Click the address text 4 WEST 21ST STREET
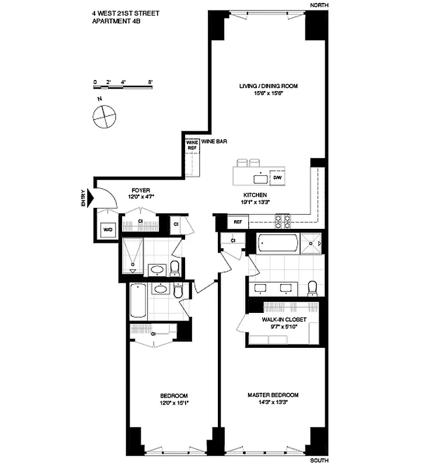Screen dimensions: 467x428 125,12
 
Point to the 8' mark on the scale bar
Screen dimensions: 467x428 150,82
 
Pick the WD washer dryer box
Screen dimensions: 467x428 108,230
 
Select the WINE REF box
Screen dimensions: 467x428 192,145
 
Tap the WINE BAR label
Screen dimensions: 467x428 214,141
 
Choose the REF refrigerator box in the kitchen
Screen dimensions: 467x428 238,222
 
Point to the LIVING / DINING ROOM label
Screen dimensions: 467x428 269,86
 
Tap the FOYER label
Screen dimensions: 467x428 141,190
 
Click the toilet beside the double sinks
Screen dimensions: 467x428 312,288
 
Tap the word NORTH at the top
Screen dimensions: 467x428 319,5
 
